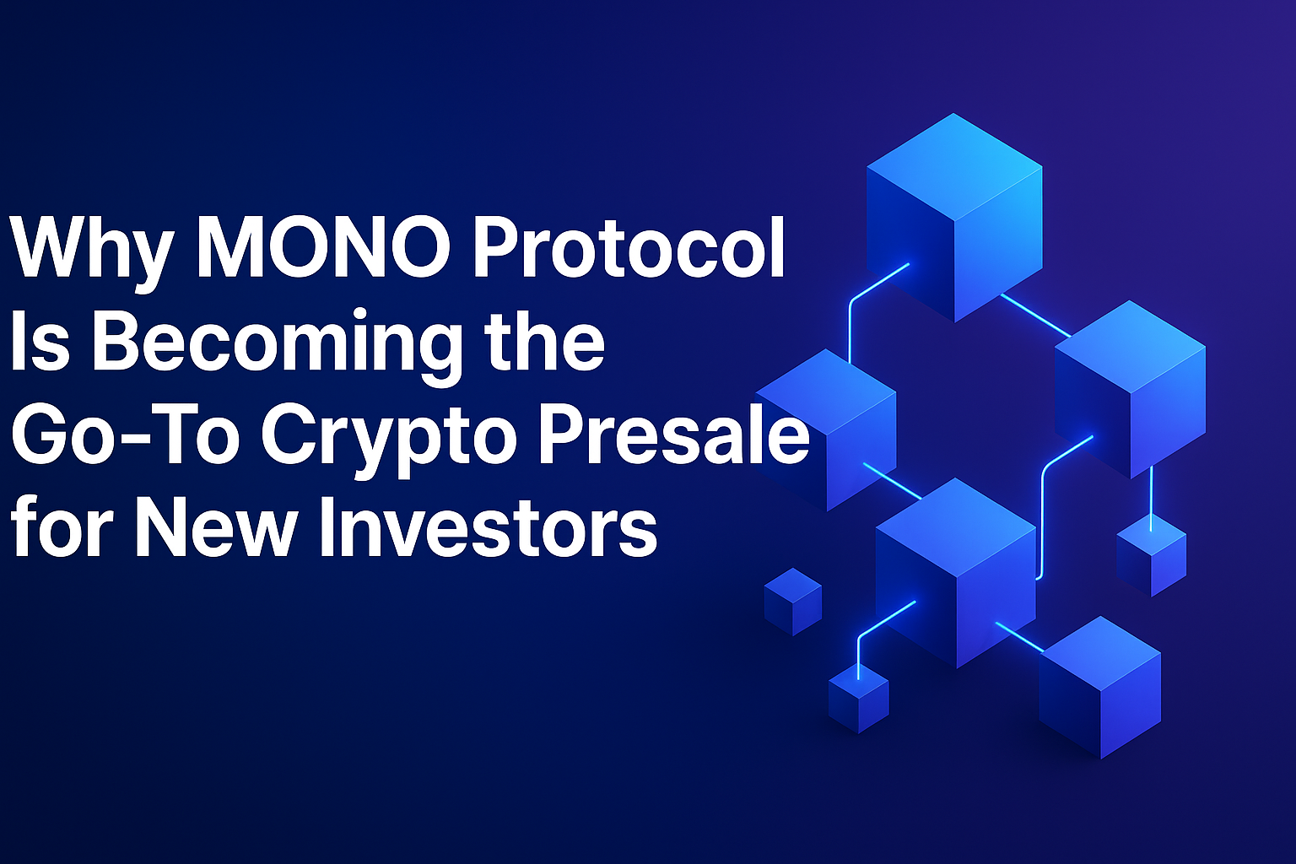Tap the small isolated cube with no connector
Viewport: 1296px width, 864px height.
[x=792, y=601]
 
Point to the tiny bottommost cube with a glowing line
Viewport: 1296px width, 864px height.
[x=858, y=699]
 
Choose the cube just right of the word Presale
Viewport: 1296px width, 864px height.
[x=835, y=427]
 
